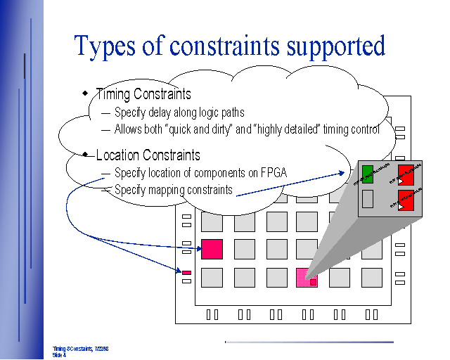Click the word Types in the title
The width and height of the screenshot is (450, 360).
[x=105, y=46]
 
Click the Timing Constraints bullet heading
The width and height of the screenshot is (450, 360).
[x=143, y=94]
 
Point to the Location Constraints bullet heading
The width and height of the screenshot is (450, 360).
[x=148, y=155]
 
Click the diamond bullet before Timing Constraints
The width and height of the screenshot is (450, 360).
[x=85, y=92]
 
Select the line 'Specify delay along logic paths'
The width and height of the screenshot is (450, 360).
[x=179, y=112]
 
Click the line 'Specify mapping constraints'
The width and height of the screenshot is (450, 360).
[x=173, y=189]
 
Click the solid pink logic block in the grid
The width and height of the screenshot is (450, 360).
[x=212, y=249]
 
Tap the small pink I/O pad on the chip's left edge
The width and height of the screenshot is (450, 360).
[x=186, y=272]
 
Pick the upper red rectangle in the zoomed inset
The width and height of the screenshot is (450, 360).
[x=406, y=174]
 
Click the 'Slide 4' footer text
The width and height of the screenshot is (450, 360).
[x=59, y=355]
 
